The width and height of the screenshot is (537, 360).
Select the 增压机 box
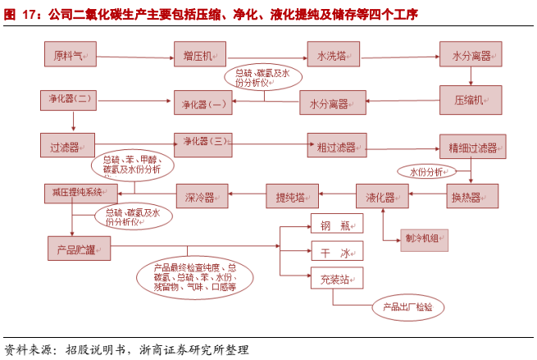pyautogui.click(x=198, y=55)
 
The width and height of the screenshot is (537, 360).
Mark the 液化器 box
pyautogui.click(x=380, y=197)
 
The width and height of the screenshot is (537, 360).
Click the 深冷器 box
pyautogui.click(x=201, y=197)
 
